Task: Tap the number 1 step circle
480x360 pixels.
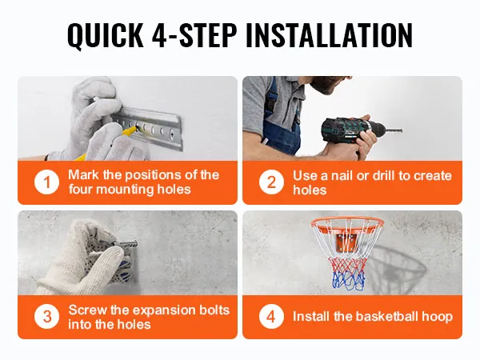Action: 47,182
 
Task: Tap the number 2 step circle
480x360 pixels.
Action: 272,182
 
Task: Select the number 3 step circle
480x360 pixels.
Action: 47,316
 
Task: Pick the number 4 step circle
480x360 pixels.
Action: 272,316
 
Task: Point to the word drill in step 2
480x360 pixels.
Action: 375,175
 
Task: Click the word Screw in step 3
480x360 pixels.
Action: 88,310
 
